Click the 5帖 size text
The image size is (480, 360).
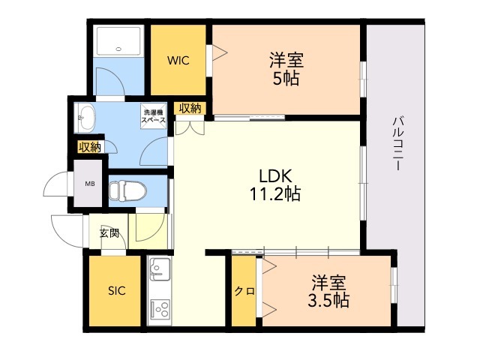(x=286, y=77)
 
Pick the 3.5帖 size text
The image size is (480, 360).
(x=328, y=301)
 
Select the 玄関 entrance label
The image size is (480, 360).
(x=109, y=233)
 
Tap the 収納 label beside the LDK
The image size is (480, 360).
(x=190, y=108)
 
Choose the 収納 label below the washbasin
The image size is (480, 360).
(x=89, y=147)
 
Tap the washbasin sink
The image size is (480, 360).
(x=85, y=117)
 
